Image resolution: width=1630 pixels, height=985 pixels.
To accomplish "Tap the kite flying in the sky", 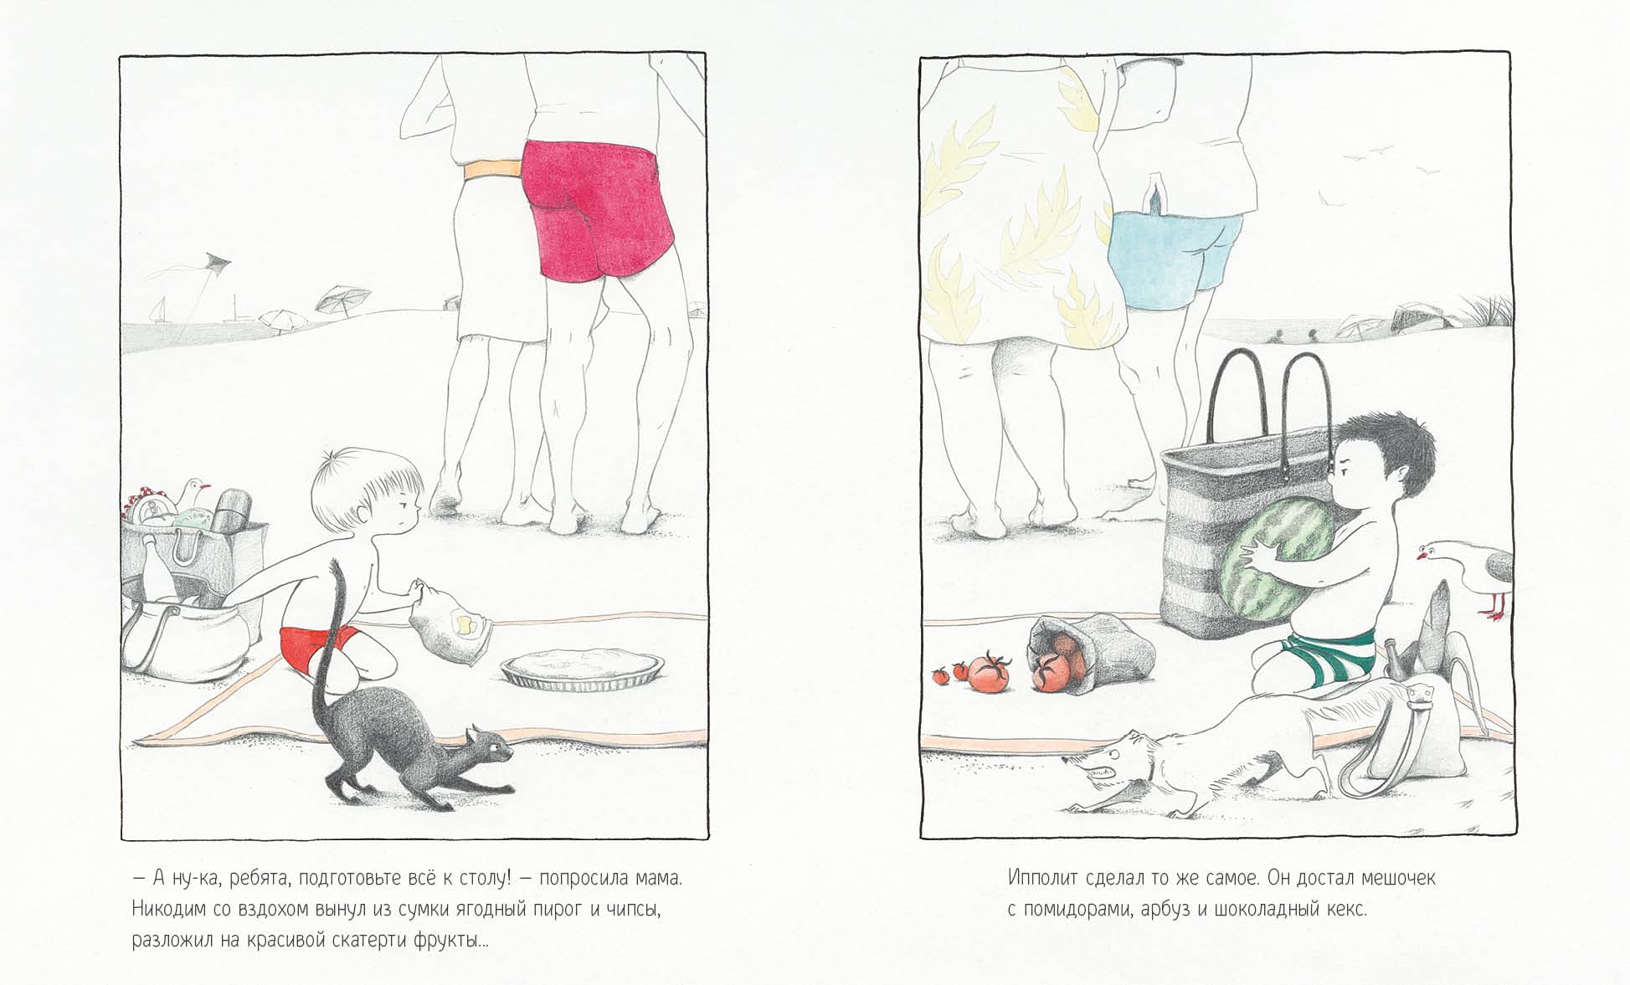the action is pyautogui.click(x=216, y=262).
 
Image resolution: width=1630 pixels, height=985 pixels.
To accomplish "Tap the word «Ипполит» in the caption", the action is pyautogui.click(x=1042, y=879).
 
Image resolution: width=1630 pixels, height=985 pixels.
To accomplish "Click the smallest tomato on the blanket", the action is pyautogui.click(x=941, y=674).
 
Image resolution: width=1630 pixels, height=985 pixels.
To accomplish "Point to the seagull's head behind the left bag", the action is pyautogui.click(x=196, y=487).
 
